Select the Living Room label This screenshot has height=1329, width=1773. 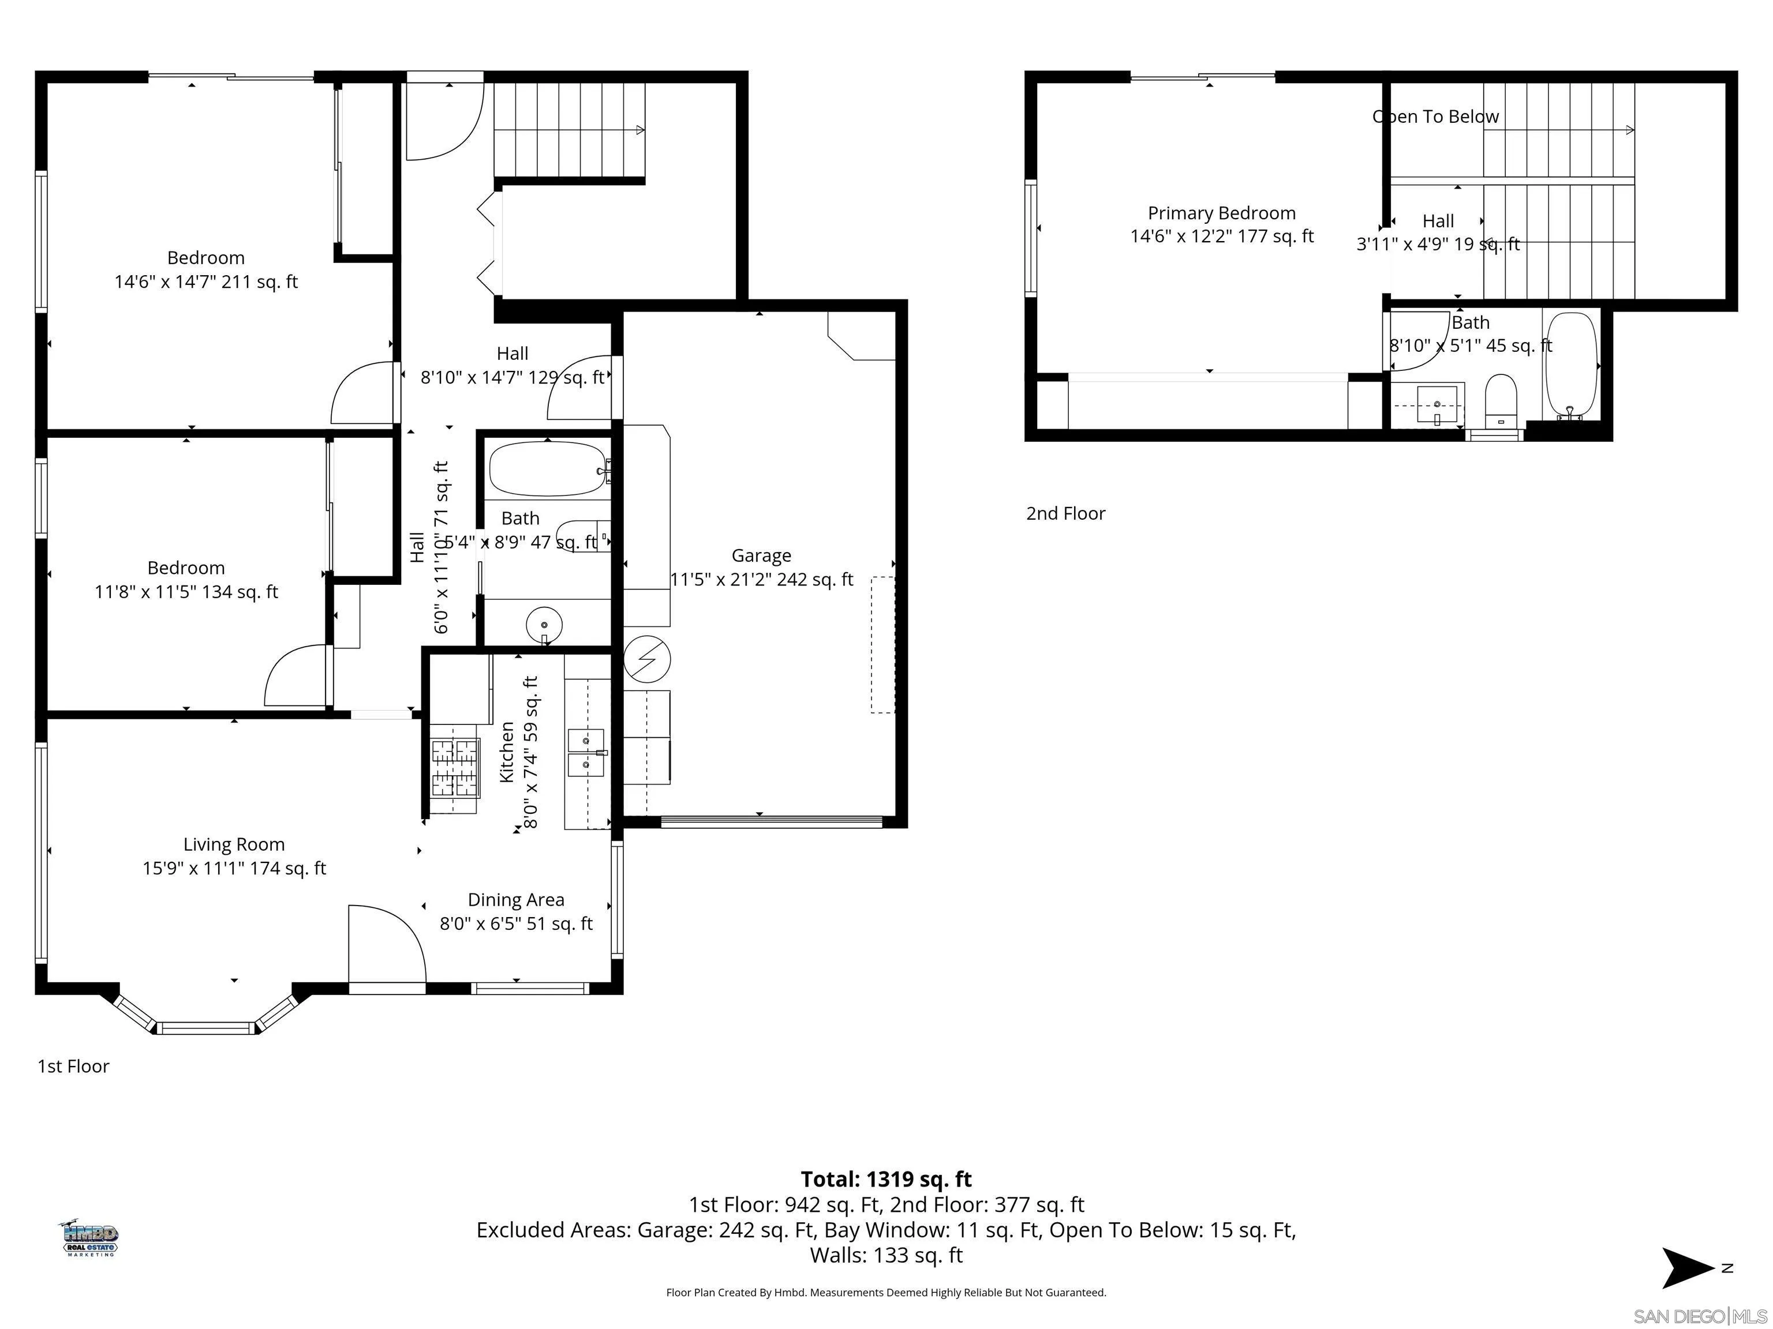(x=234, y=844)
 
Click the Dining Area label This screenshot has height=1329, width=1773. (x=515, y=900)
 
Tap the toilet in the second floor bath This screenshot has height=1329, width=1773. (x=1501, y=400)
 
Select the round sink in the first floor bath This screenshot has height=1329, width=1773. (x=544, y=623)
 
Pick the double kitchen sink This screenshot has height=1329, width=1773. (x=586, y=752)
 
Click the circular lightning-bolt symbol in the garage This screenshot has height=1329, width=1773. (x=647, y=659)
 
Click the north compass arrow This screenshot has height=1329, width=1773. (x=1686, y=1268)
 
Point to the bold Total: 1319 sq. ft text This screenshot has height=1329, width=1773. (x=886, y=1179)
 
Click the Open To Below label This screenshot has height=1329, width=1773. (x=1435, y=117)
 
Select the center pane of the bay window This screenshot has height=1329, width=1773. (x=207, y=1028)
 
